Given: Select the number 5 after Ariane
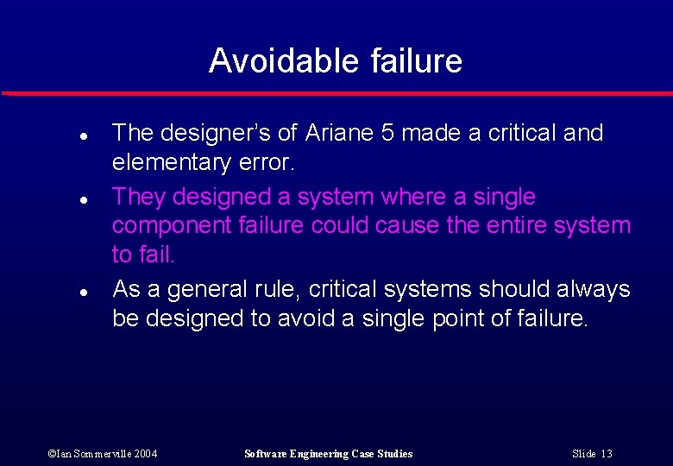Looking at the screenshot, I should point(388,133).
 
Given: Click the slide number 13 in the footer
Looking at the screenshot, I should point(607,454).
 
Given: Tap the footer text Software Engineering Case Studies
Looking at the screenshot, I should point(329,454).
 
